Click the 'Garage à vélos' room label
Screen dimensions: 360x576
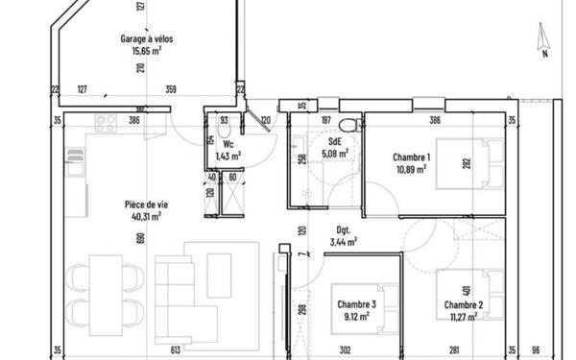[147, 39]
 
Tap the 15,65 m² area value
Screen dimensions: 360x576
[147, 51]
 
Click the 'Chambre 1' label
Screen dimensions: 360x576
[411, 156]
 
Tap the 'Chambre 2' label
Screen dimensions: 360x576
[463, 304]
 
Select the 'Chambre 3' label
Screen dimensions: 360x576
[356, 304]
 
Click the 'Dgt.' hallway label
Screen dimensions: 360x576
[342, 230]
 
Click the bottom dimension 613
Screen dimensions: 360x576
[175, 350]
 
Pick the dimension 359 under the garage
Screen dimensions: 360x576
[171, 90]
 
